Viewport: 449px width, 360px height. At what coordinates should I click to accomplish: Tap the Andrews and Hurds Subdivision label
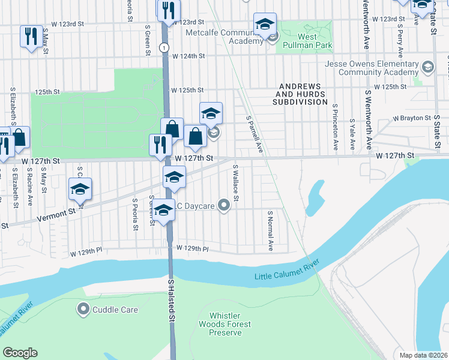pyautogui.click(x=301, y=94)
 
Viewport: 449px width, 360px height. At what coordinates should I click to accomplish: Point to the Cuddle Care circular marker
pyautogui.click(x=83, y=310)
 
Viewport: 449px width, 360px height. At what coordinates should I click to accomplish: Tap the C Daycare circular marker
pyautogui.click(x=224, y=206)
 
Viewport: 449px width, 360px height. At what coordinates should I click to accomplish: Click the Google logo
pyautogui.click(x=20, y=353)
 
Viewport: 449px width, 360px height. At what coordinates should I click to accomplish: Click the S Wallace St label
pyautogui.click(x=236, y=184)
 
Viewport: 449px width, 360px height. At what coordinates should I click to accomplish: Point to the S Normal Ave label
pyautogui.click(x=270, y=230)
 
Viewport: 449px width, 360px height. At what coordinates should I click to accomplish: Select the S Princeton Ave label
pyautogui.click(x=334, y=127)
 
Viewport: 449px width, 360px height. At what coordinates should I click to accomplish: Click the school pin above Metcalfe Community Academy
pyautogui.click(x=265, y=25)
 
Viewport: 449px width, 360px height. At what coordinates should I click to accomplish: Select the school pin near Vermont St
pyautogui.click(x=80, y=190)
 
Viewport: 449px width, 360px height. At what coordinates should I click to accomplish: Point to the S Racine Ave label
pyautogui.click(x=29, y=186)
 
